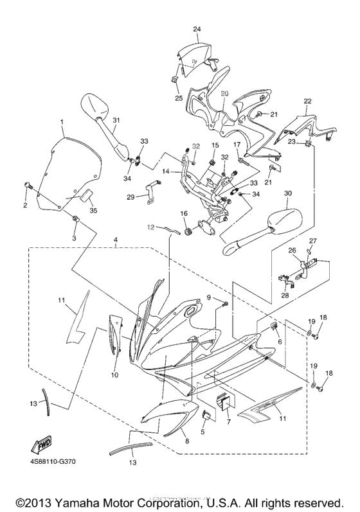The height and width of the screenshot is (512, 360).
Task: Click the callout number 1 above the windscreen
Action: [x=62, y=121]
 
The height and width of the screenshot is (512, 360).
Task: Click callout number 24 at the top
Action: [x=197, y=30]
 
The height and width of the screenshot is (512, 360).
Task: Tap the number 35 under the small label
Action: [x=93, y=210]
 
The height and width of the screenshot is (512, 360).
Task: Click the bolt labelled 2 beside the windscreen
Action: [x=28, y=186]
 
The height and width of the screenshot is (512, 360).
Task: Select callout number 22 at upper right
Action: [x=307, y=102]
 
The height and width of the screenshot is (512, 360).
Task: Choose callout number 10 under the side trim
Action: [x=114, y=374]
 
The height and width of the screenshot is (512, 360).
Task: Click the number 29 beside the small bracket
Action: [x=130, y=197]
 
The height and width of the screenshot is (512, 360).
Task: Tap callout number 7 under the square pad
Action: [x=227, y=423]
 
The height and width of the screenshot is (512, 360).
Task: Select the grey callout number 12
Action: [x=150, y=226]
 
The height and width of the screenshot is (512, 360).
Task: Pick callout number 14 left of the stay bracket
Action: [x=165, y=172]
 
